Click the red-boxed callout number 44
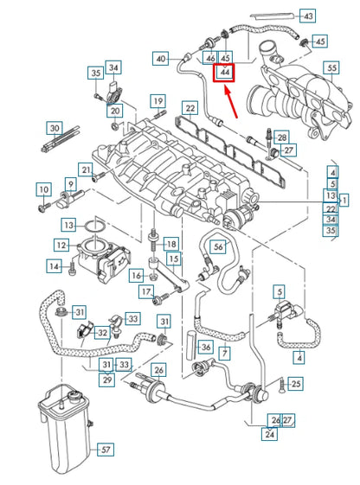tap(225, 73)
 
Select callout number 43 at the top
tap(308, 16)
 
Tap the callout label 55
tap(329, 66)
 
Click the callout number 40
tap(161, 59)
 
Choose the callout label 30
tap(55, 128)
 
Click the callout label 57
tap(105, 450)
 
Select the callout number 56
tap(218, 246)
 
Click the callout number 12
tap(61, 246)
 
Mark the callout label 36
tap(205, 347)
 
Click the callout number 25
tap(295, 383)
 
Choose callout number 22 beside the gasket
tap(189, 108)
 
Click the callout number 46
tap(209, 58)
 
